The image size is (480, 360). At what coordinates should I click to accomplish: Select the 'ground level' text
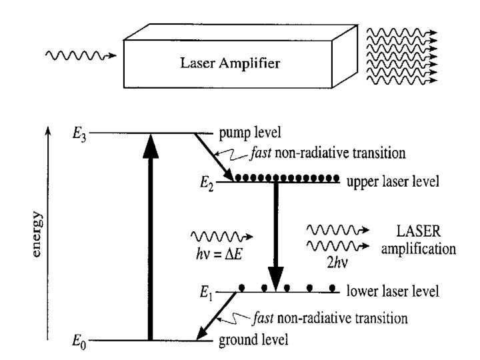pyautogui.click(x=253, y=341)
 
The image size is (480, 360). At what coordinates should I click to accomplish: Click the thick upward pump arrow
pyautogui.click(x=151, y=240)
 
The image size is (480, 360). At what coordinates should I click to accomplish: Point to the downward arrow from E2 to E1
pyautogui.click(x=275, y=233)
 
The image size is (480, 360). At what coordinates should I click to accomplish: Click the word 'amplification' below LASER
pyautogui.click(x=415, y=250)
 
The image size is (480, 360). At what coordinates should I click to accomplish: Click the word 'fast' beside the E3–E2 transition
pyautogui.click(x=259, y=153)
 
